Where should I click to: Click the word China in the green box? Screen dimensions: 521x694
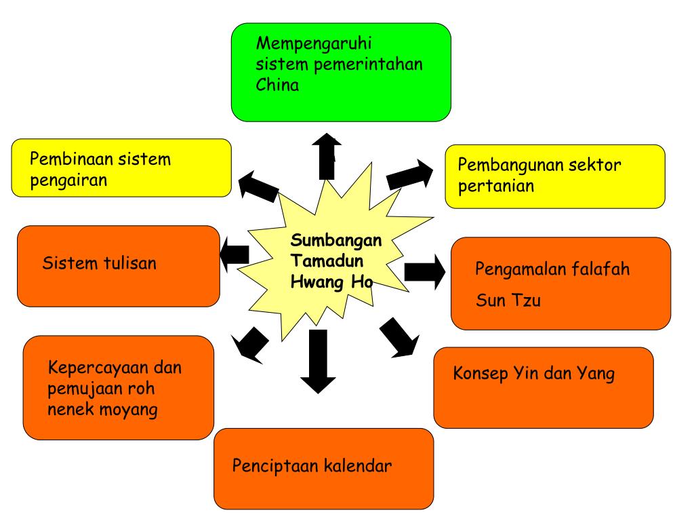point(277,85)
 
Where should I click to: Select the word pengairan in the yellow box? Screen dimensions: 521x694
point(69,181)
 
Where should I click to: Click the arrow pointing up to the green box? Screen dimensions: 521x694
point(327,156)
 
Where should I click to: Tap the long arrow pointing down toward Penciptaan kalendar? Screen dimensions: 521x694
point(313,360)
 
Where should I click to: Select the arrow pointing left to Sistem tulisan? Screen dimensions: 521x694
point(234,254)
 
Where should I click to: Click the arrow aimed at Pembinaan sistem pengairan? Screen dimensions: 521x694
point(258,185)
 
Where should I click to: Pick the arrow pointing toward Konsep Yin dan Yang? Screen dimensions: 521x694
point(399,337)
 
